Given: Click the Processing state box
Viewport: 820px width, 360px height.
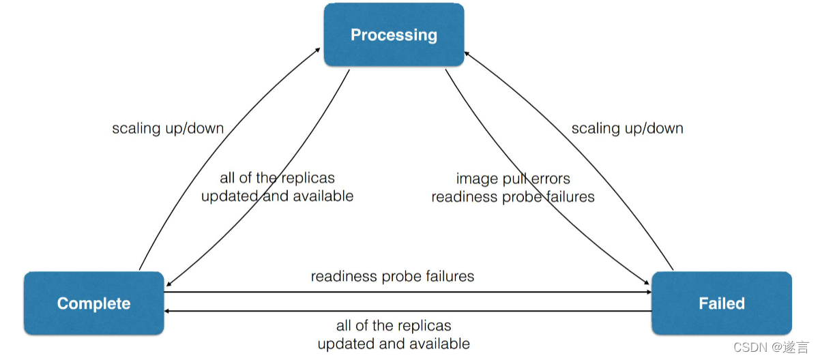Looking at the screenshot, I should (394, 35).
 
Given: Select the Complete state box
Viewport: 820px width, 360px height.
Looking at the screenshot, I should (94, 303).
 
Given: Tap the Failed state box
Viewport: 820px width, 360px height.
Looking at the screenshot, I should (722, 303).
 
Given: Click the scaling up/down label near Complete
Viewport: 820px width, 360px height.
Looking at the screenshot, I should (168, 128).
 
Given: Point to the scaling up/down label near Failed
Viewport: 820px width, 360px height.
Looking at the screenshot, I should (627, 128).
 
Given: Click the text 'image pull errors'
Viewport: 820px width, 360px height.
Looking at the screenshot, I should (513, 179).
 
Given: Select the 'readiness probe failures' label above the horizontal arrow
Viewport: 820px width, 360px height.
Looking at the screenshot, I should (392, 276).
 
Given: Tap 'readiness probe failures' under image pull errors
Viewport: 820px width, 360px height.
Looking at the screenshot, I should (513, 197).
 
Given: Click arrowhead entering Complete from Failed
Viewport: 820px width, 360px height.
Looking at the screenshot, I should (168, 311).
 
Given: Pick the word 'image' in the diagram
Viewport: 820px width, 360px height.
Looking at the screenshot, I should (476, 179).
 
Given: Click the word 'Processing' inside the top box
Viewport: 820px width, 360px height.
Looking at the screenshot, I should (394, 35).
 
